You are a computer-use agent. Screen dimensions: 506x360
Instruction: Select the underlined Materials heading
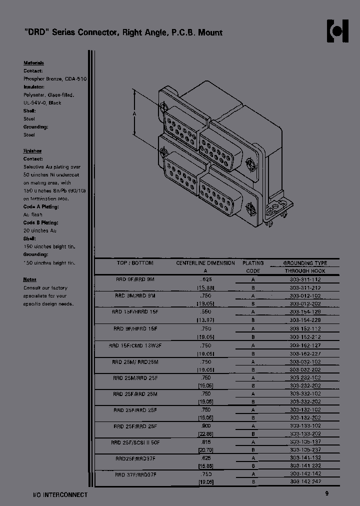pyautogui.click(x=33, y=63)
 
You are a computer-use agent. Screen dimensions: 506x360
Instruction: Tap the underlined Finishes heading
pyautogui.click(x=32, y=151)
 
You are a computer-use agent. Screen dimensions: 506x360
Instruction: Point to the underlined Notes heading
pyautogui.click(x=29, y=279)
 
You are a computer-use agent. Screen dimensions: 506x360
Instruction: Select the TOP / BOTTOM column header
pyautogui.click(x=135, y=263)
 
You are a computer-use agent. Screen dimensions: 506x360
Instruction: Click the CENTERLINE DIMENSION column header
pyautogui.click(x=205, y=263)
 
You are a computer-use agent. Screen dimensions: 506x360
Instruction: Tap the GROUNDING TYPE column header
pyautogui.click(x=305, y=263)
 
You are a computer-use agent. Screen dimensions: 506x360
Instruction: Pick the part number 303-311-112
pyautogui.click(x=305, y=279)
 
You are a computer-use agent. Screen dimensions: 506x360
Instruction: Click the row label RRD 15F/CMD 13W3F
pyautogui.click(x=135, y=345)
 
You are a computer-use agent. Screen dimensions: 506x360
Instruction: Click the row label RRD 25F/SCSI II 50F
pyautogui.click(x=135, y=442)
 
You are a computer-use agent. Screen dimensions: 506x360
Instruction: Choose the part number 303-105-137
pyautogui.click(x=305, y=442)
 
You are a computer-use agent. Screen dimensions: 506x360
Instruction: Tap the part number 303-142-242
pyautogui.click(x=305, y=482)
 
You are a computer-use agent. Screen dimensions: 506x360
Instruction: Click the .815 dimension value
pyautogui.click(x=205, y=442)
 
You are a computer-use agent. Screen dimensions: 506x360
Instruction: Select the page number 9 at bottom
pyautogui.click(x=326, y=494)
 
